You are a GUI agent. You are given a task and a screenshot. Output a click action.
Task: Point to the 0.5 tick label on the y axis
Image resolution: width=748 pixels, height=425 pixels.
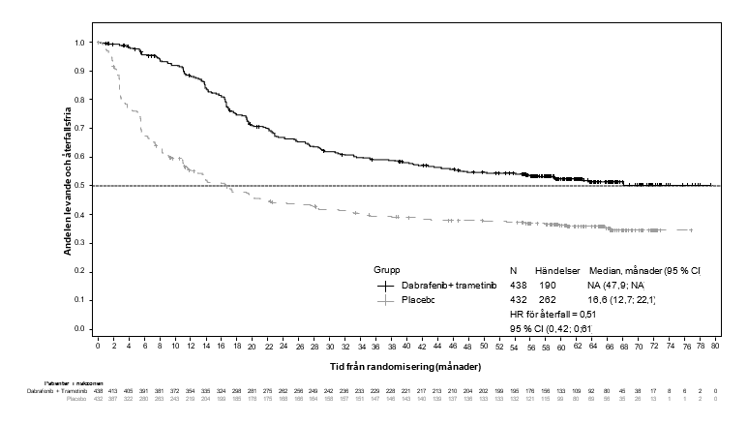pyautogui.click(x=80, y=186)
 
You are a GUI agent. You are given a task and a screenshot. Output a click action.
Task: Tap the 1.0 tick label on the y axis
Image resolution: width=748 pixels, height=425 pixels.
pyautogui.click(x=80, y=43)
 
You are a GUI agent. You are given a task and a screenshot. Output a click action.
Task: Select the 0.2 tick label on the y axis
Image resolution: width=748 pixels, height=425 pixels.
pyautogui.click(x=80, y=272)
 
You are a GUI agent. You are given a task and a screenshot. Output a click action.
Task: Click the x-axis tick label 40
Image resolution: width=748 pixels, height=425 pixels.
pyautogui.click(x=407, y=345)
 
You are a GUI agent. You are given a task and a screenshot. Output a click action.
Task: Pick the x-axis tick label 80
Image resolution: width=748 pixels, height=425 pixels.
pyautogui.click(x=715, y=345)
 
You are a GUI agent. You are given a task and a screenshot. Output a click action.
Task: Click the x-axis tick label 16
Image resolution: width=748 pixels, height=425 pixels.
pyautogui.click(x=223, y=345)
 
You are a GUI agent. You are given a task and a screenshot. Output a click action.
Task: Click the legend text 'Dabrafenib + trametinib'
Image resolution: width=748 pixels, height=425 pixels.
pyautogui.click(x=447, y=286)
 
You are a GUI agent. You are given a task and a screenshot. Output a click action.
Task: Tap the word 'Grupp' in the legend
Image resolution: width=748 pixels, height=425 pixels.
pyautogui.click(x=388, y=269)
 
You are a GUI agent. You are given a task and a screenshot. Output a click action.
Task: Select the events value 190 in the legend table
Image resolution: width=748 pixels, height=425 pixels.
pyautogui.click(x=548, y=286)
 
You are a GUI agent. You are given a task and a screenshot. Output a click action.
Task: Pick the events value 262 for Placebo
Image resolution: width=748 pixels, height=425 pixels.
pyautogui.click(x=548, y=300)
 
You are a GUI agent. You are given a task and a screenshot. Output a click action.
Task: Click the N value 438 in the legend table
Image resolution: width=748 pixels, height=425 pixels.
pyautogui.click(x=518, y=286)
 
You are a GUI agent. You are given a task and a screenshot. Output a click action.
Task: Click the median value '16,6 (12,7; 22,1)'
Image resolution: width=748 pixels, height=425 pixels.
pyautogui.click(x=622, y=300)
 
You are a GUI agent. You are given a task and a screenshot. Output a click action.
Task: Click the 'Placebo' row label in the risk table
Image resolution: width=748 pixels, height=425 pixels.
pyautogui.click(x=76, y=397)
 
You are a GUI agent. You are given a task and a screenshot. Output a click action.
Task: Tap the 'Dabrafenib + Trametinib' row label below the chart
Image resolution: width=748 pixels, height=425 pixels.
pyautogui.click(x=57, y=388)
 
